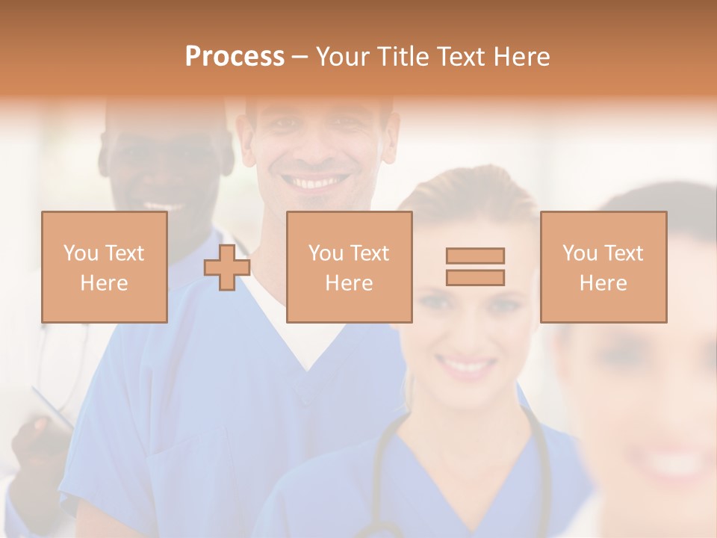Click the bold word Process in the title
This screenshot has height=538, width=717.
click(235, 57)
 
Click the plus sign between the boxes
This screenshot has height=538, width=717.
click(227, 268)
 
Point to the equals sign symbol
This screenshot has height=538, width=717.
click(475, 267)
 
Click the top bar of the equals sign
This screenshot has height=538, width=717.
click(475, 256)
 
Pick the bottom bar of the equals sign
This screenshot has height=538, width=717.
click(475, 277)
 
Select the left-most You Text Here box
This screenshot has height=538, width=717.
click(104, 267)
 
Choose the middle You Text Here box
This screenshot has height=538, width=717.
click(349, 267)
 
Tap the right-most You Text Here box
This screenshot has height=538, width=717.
click(603, 267)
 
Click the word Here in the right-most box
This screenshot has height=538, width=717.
click(603, 282)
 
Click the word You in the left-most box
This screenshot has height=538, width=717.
click(79, 253)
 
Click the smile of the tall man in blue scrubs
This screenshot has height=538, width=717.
click(317, 182)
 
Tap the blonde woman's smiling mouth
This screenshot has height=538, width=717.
click(466, 366)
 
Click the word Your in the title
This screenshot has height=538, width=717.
click(342, 57)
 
